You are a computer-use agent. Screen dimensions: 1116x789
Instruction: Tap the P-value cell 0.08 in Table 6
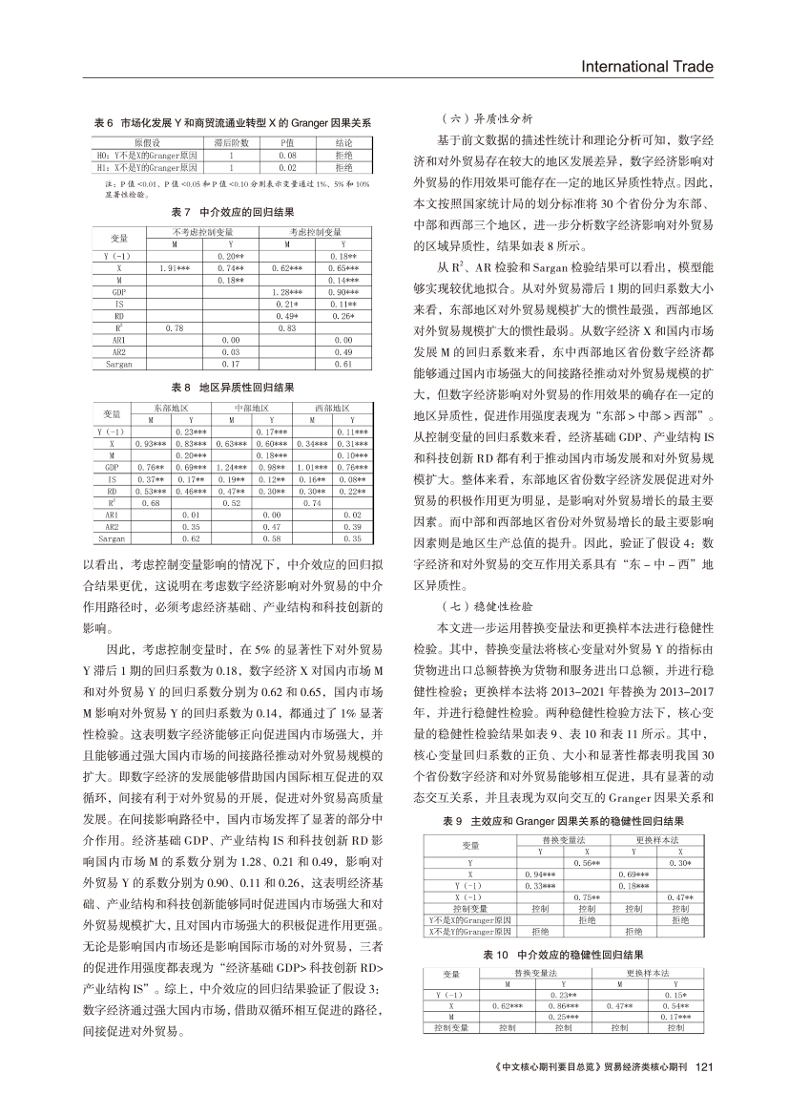tap(288, 153)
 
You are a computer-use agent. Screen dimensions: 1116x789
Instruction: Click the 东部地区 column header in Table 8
tap(172, 409)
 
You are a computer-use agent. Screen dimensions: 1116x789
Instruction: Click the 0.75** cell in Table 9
tap(586, 898)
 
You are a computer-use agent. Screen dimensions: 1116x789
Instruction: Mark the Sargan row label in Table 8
tap(113, 538)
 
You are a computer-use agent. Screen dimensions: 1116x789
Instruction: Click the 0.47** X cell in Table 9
tap(678, 898)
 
